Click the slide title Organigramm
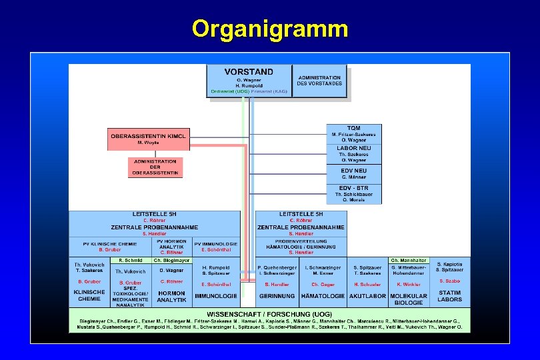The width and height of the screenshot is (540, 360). click(269, 29)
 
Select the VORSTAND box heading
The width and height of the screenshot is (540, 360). click(249, 71)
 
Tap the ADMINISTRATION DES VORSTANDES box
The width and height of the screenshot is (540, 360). click(319, 80)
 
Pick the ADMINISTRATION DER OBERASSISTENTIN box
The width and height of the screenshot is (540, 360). click(155, 167)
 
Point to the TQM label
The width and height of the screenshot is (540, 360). click(353, 128)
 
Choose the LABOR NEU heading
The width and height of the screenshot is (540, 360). click(353, 148)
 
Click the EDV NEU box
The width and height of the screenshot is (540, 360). click(353, 173)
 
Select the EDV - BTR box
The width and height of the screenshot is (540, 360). click(353, 194)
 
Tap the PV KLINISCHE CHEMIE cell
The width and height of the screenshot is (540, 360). click(109, 246)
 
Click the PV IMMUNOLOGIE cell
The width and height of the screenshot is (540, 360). click(215, 246)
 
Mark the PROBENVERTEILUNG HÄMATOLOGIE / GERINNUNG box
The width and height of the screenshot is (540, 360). click(301, 247)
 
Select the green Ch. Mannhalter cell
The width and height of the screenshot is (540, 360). click(408, 260)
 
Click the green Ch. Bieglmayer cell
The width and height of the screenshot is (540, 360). click(171, 260)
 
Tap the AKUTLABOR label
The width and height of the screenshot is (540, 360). click(367, 295)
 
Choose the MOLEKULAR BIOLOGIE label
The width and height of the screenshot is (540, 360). click(408, 299)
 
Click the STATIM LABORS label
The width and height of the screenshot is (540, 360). click(450, 295)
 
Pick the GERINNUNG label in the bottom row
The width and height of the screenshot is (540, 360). click(277, 295)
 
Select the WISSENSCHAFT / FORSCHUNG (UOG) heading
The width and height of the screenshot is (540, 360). click(269, 313)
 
